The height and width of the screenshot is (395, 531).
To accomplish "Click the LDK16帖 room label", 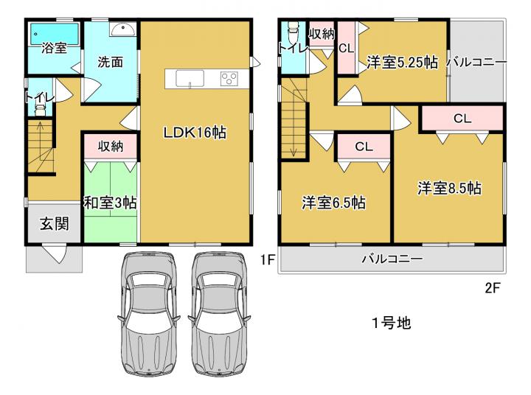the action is [195, 133].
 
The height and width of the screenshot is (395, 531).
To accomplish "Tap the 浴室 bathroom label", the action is [54, 48].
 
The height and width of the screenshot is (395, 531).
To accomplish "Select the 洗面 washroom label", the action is [110, 63].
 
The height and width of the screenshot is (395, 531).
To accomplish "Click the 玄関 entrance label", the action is [54, 224].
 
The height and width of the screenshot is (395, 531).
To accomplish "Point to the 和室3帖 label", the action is [111, 203].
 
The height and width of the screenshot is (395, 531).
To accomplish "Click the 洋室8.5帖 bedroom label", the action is [449, 188].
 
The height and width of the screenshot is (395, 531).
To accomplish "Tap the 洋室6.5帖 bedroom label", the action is [333, 203].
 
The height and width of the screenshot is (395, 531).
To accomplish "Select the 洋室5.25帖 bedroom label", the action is [403, 63].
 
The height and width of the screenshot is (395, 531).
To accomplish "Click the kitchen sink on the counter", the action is [190, 79].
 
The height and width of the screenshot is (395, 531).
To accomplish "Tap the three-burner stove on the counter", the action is [229, 79].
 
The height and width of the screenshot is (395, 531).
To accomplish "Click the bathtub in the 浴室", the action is [55, 33].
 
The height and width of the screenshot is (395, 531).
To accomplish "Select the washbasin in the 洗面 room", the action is [122, 29].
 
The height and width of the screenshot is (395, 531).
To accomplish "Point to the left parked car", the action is [148, 314].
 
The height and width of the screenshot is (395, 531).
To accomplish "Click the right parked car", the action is [220, 314].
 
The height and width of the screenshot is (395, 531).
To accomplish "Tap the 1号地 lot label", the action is [392, 323].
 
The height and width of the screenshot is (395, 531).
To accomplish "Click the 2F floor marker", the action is [493, 288].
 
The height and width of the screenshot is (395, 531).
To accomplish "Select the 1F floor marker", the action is [267, 260].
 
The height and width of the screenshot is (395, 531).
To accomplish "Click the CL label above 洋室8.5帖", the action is [462, 119].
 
